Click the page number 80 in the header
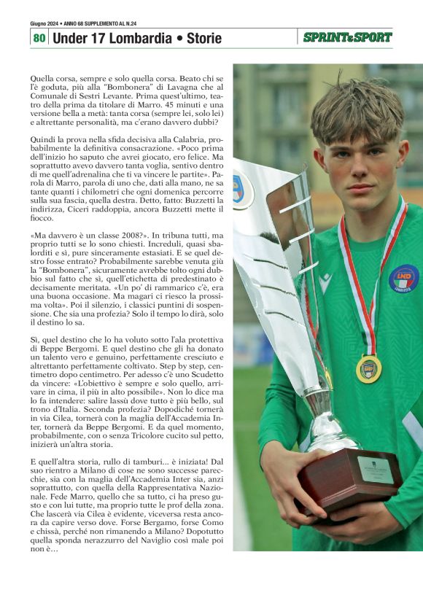tap(39, 37)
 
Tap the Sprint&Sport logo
tap(347, 37)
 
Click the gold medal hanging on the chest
tap(368, 369)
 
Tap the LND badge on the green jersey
tap(403, 279)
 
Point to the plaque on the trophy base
tap(375, 470)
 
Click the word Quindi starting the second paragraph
tap(43, 139)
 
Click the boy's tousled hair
tap(357, 109)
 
